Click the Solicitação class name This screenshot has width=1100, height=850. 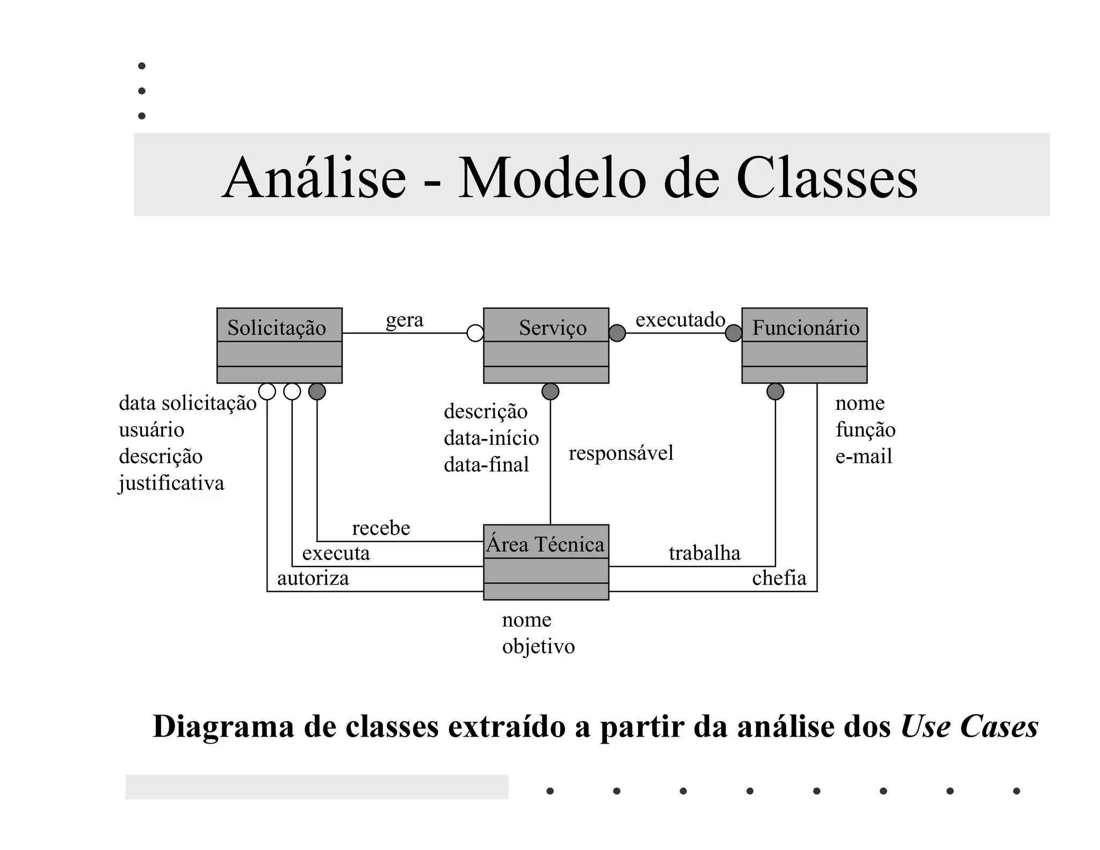tap(277, 328)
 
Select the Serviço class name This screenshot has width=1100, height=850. tap(553, 328)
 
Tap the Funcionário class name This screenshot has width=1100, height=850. tap(805, 328)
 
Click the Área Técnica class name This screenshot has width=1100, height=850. tap(545, 544)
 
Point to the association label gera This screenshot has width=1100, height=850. tap(404, 320)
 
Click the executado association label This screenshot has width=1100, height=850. tap(680, 320)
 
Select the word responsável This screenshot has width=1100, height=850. tap(621, 453)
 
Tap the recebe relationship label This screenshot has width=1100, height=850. tap(381, 528)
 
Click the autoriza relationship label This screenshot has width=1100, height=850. tap(313, 578)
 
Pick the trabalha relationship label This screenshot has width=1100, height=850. tap(704, 553)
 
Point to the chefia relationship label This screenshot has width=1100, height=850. tap(779, 578)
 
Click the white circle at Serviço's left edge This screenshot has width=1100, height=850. tap(475, 333)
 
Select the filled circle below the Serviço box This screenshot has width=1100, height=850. tap(550, 392)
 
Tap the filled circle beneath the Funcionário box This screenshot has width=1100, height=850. tap(775, 392)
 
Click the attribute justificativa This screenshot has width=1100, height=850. tap(171, 483)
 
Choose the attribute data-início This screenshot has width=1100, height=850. tap(491, 438)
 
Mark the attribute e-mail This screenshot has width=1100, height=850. tap(863, 456)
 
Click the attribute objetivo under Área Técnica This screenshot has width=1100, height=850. tap(538, 646)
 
